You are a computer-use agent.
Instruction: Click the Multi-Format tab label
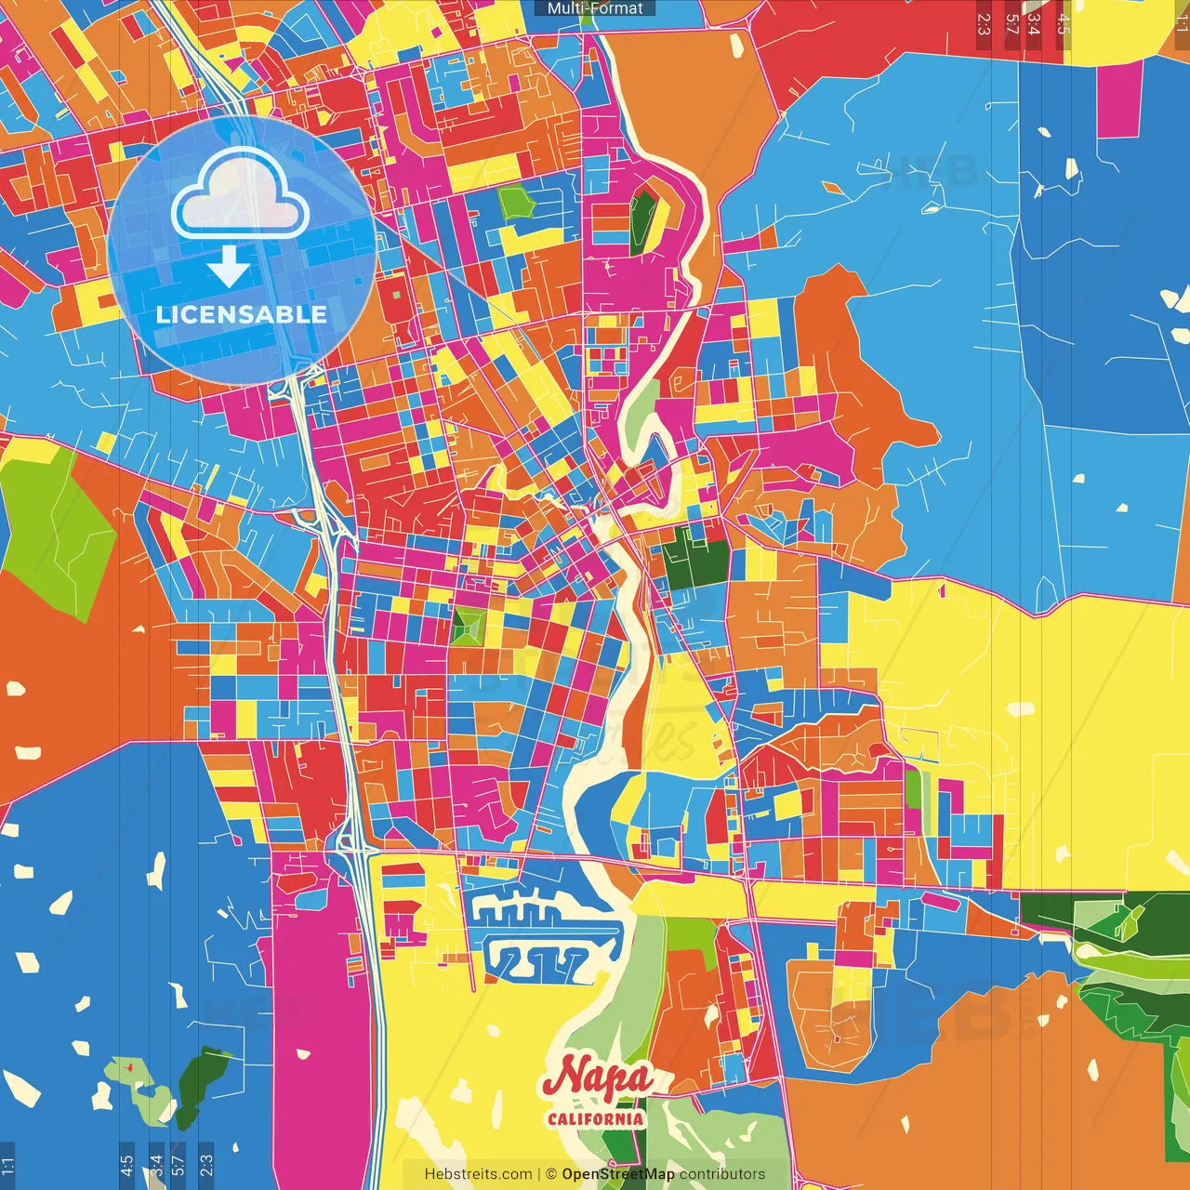595,8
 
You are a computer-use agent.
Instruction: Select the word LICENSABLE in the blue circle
241,314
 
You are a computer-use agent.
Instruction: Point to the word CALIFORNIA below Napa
595,1117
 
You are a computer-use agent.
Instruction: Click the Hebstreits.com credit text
478,1174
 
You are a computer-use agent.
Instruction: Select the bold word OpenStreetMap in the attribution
617,1174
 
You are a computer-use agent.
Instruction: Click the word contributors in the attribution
722,1174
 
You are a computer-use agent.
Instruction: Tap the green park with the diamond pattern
469,626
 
